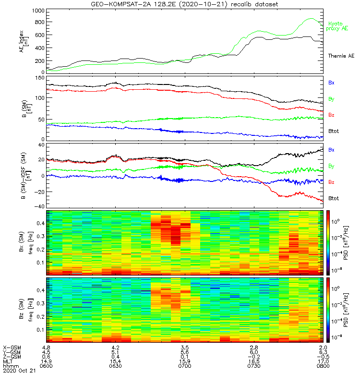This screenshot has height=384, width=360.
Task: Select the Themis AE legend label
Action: coord(341,56)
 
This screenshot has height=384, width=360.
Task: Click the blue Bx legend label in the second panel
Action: coord(331,83)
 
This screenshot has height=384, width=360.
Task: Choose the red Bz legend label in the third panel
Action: coord(331,182)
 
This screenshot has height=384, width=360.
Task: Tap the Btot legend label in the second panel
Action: coord(334,130)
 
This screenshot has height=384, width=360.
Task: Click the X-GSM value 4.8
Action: coord(47,347)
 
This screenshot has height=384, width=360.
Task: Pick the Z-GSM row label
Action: coord(12,357)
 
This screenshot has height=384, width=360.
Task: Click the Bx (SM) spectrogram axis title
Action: coord(23,242)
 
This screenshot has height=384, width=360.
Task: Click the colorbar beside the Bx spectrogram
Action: coord(329,242)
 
